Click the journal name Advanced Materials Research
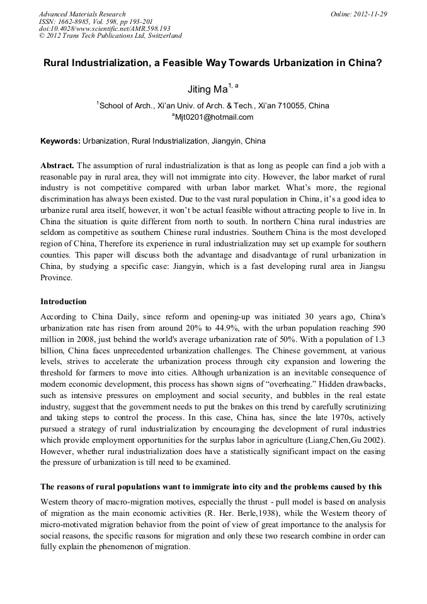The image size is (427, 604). [x=82, y=14]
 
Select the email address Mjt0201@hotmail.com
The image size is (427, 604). [x=214, y=117]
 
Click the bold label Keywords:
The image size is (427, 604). [x=60, y=140]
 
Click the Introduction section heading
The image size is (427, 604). [x=64, y=302]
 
